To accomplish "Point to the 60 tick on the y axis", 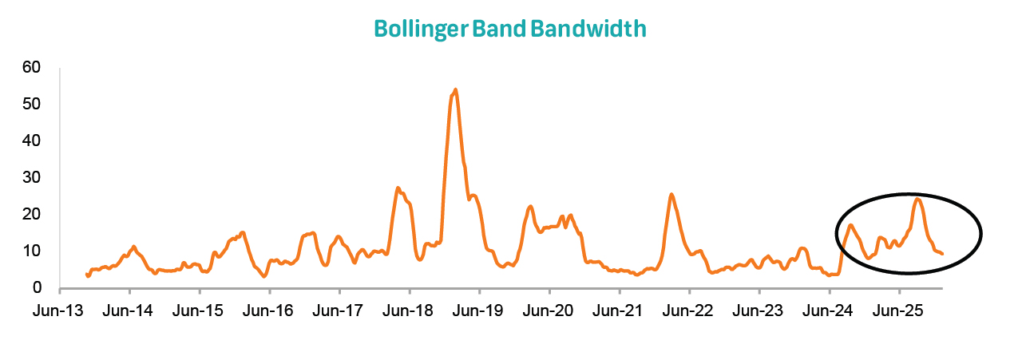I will click(x=33, y=67).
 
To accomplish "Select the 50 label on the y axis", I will click(x=33, y=104).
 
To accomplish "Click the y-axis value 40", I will click(x=33, y=140).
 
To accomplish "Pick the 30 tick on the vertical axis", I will click(x=33, y=177).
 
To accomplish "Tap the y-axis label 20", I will click(x=33, y=214).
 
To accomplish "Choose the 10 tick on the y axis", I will click(x=33, y=251).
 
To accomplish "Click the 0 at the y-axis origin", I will click(x=37, y=287).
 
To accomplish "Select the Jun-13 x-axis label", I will click(x=59, y=310).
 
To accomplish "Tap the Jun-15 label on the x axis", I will click(x=199, y=310).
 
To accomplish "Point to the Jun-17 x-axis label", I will click(x=339, y=310).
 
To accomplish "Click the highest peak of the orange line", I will click(x=455, y=89).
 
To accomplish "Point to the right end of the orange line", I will click(x=943, y=254).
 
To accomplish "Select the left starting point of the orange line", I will click(x=86, y=275).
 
